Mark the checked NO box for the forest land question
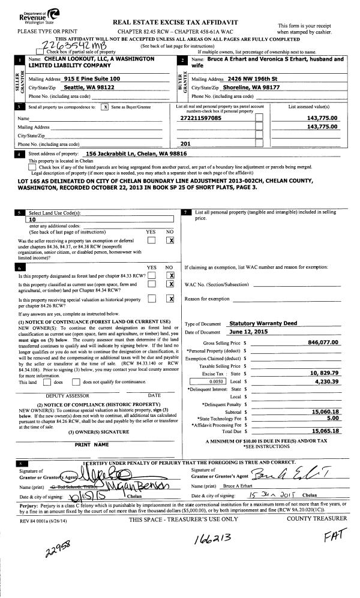coord(171,276)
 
